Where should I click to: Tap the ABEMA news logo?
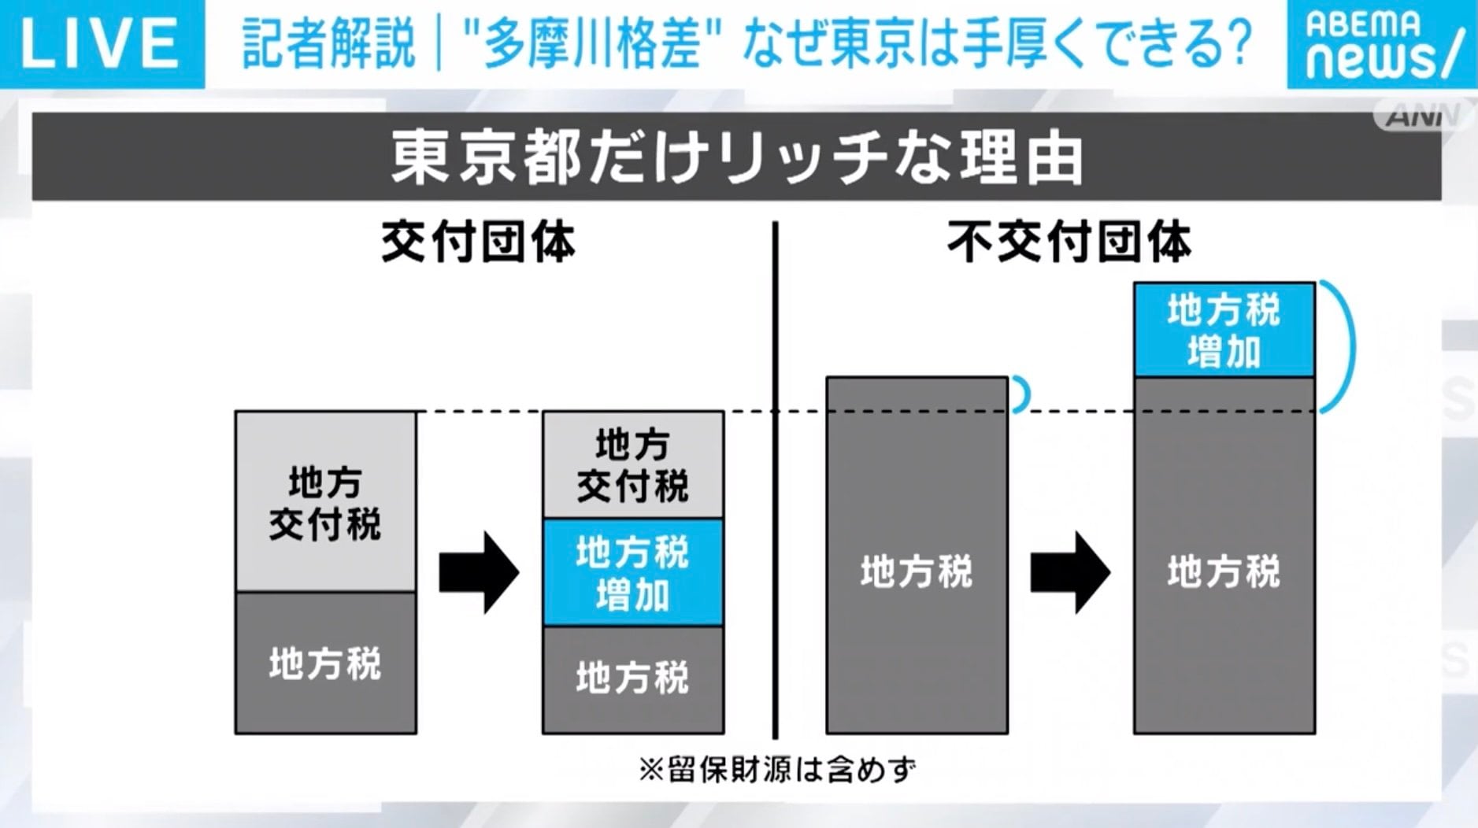point(1382,44)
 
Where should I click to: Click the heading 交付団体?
point(478,242)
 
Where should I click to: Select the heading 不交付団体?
point(1069,242)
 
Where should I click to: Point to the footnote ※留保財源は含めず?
point(777,769)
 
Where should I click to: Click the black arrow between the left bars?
point(479,572)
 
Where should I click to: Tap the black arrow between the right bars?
point(1070,572)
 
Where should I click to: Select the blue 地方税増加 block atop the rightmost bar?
point(1224,330)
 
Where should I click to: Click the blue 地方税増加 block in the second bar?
point(632,572)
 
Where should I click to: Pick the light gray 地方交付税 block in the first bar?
point(325,502)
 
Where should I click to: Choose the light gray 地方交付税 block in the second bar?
point(632,465)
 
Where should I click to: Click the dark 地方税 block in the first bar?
point(325,664)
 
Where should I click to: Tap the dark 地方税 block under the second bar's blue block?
point(632,678)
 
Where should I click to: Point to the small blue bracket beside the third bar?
point(1022,394)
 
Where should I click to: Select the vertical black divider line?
point(776,480)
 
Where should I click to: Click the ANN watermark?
point(1422,116)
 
